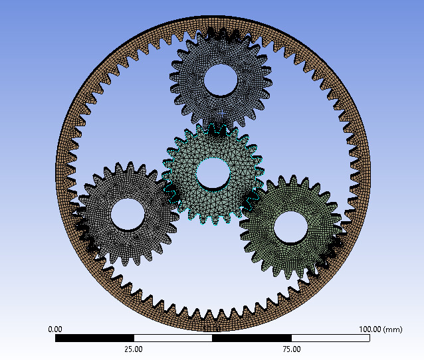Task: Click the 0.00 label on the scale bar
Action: click(x=55, y=329)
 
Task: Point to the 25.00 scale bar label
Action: click(x=134, y=349)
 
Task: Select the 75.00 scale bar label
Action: click(x=291, y=349)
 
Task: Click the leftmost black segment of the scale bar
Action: click(x=94, y=338)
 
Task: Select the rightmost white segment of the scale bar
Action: click(x=330, y=338)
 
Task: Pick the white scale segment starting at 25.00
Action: click(x=173, y=338)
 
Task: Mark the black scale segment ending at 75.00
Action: click(x=251, y=338)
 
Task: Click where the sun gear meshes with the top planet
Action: click(x=217, y=127)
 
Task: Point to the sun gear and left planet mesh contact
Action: click(x=169, y=193)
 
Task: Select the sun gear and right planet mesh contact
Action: click(x=252, y=199)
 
